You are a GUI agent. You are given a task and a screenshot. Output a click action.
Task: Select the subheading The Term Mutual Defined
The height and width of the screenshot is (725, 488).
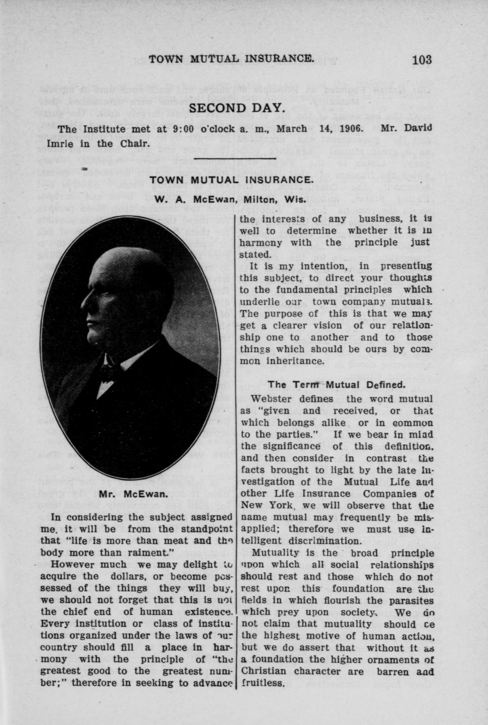click(337, 384)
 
